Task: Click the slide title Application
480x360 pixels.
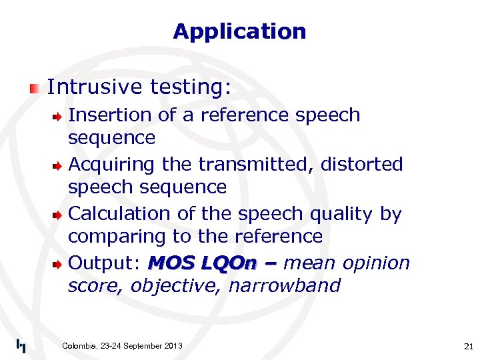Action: pos(239,31)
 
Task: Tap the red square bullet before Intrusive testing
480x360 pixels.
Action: pos(35,88)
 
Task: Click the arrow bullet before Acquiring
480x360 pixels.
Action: pos(59,165)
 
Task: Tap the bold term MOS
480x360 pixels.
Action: pos(171,263)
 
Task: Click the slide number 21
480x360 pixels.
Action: pos(467,346)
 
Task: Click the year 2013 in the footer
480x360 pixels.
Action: pos(172,345)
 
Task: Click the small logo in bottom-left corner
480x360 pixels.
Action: pos(21,345)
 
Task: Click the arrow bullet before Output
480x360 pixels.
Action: pos(59,264)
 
